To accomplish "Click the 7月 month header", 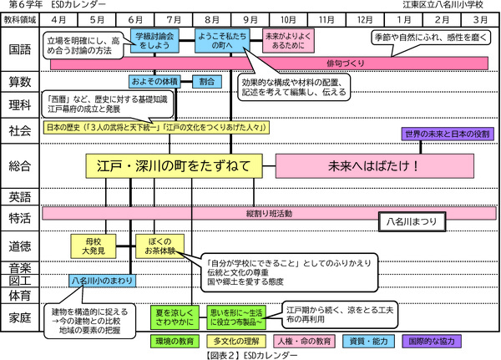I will coord(174,18).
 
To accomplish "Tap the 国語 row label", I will coord(20,49).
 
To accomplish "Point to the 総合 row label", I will coord(20,165).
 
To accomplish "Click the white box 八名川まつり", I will coord(413,222).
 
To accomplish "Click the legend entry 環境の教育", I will coord(173,341).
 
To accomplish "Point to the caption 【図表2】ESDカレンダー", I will coord(250,354).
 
